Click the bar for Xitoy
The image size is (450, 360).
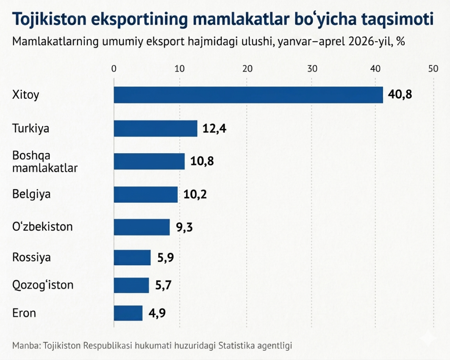click(x=248, y=95)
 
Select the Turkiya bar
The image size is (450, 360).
click(x=156, y=128)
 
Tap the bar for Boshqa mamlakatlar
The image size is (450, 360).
click(x=149, y=162)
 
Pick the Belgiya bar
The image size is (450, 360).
click(x=146, y=194)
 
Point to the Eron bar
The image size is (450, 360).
click(x=128, y=313)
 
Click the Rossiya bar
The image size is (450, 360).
click(x=132, y=257)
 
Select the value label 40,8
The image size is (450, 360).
click(x=400, y=94)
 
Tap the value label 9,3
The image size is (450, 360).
click(x=184, y=227)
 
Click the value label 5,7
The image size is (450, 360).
click(x=163, y=285)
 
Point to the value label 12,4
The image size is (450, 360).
click(x=214, y=128)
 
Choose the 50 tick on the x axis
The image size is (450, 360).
click(x=433, y=69)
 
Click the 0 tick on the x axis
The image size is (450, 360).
click(x=114, y=69)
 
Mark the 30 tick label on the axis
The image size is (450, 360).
click(x=312, y=69)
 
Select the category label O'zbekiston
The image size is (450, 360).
click(x=43, y=227)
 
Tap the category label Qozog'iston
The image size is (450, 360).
click(x=43, y=285)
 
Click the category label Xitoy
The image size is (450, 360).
click(x=25, y=95)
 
